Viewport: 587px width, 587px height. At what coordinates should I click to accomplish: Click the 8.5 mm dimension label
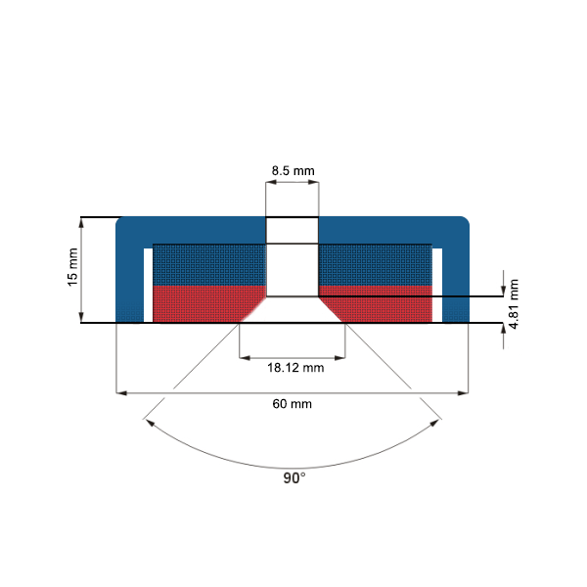[x=293, y=171]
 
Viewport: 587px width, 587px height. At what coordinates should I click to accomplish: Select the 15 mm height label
[x=71, y=266]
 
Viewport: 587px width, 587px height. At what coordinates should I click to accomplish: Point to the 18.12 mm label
[x=294, y=368]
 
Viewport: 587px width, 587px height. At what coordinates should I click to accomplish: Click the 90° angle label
[x=293, y=477]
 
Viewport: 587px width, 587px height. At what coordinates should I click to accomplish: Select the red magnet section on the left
[x=201, y=303]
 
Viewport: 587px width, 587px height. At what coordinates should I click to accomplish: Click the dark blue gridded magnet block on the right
[x=376, y=264]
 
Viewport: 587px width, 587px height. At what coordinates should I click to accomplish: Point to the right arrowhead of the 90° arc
[x=436, y=424]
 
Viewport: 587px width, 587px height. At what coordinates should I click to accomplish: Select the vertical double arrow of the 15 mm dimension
[x=83, y=269]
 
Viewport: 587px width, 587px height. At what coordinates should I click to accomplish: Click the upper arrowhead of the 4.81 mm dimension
[x=503, y=288]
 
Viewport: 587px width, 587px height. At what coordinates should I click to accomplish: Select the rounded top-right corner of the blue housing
[x=465, y=222]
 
